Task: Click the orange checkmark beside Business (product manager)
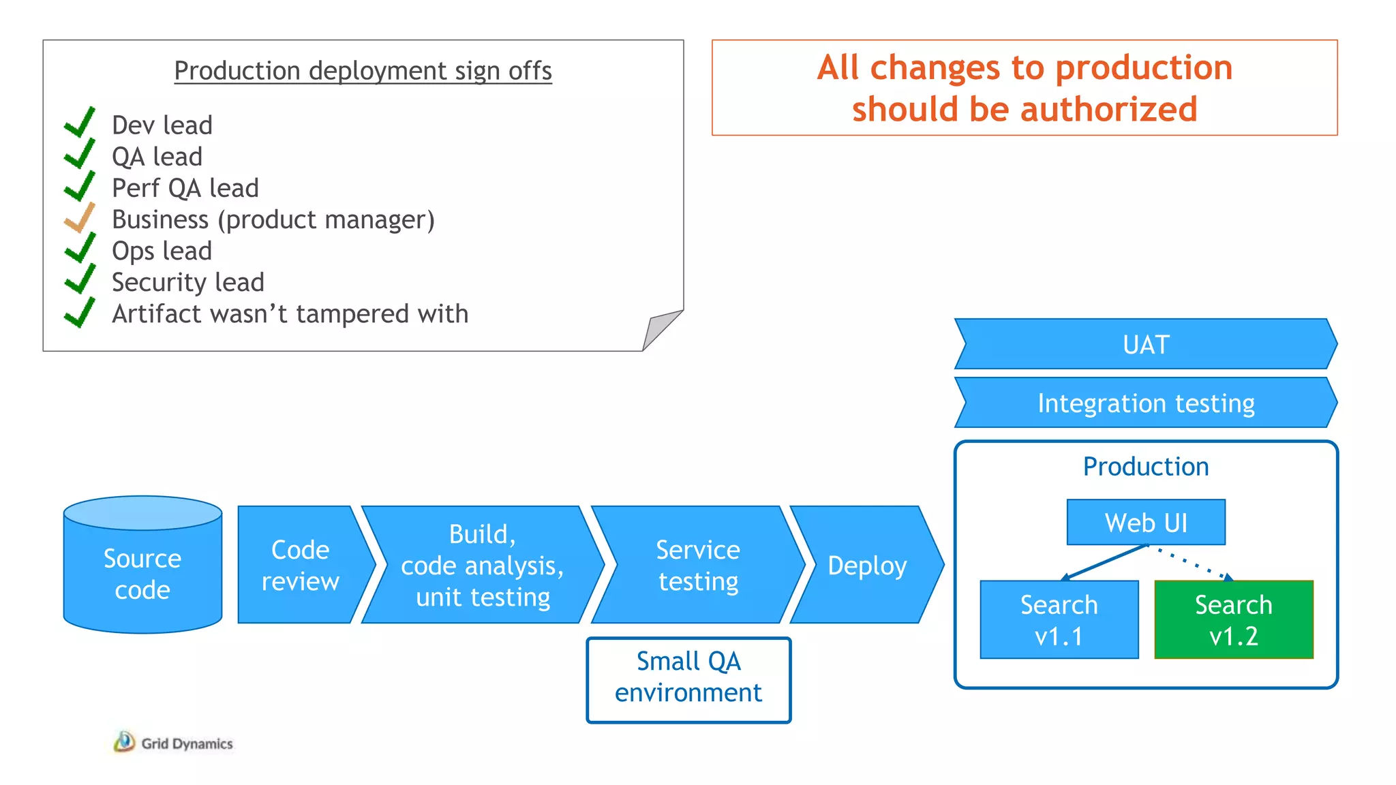pos(80,218)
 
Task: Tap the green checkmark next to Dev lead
pos(80,123)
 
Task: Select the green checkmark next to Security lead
pos(80,280)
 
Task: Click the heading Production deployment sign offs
pos(363,71)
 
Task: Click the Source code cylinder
pos(142,572)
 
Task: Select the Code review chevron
pos(300,565)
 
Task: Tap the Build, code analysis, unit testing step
pos(483,565)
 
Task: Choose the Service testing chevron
pos(697,565)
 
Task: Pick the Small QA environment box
pos(688,679)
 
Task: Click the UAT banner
pos(1145,344)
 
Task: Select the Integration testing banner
pos(1145,403)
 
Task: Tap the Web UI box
pos(1146,523)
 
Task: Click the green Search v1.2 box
pos(1234,619)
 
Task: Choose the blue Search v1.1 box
pos(1059,619)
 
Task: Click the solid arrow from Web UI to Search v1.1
pos(1104,563)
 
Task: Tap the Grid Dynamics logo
pos(174,743)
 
